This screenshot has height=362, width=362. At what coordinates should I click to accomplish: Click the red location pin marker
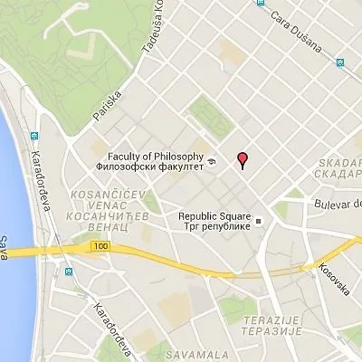(242, 159)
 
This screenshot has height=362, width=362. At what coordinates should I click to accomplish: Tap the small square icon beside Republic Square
(258, 220)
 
